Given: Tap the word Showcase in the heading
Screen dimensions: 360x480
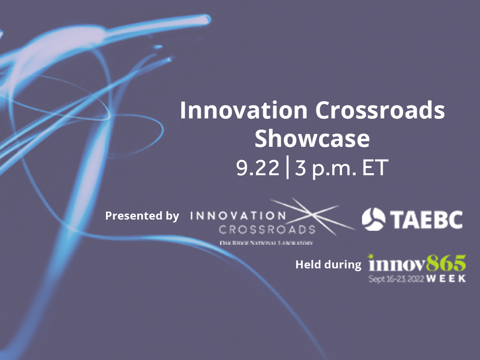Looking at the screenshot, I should (x=312, y=139).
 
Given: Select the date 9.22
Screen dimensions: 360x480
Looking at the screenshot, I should (x=258, y=169).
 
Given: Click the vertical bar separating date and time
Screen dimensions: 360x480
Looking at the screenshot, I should (x=287, y=169).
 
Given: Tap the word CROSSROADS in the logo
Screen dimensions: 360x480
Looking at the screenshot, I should (x=267, y=230).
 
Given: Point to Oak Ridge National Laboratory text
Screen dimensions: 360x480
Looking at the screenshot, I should (x=266, y=243).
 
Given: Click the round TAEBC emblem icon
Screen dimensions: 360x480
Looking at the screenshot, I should (x=374, y=219).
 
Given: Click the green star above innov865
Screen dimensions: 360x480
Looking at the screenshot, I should (x=370, y=255).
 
